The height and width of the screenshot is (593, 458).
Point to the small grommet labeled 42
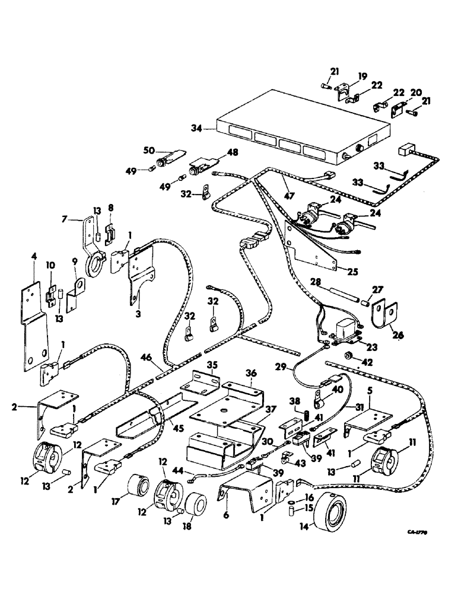(x=349, y=355)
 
